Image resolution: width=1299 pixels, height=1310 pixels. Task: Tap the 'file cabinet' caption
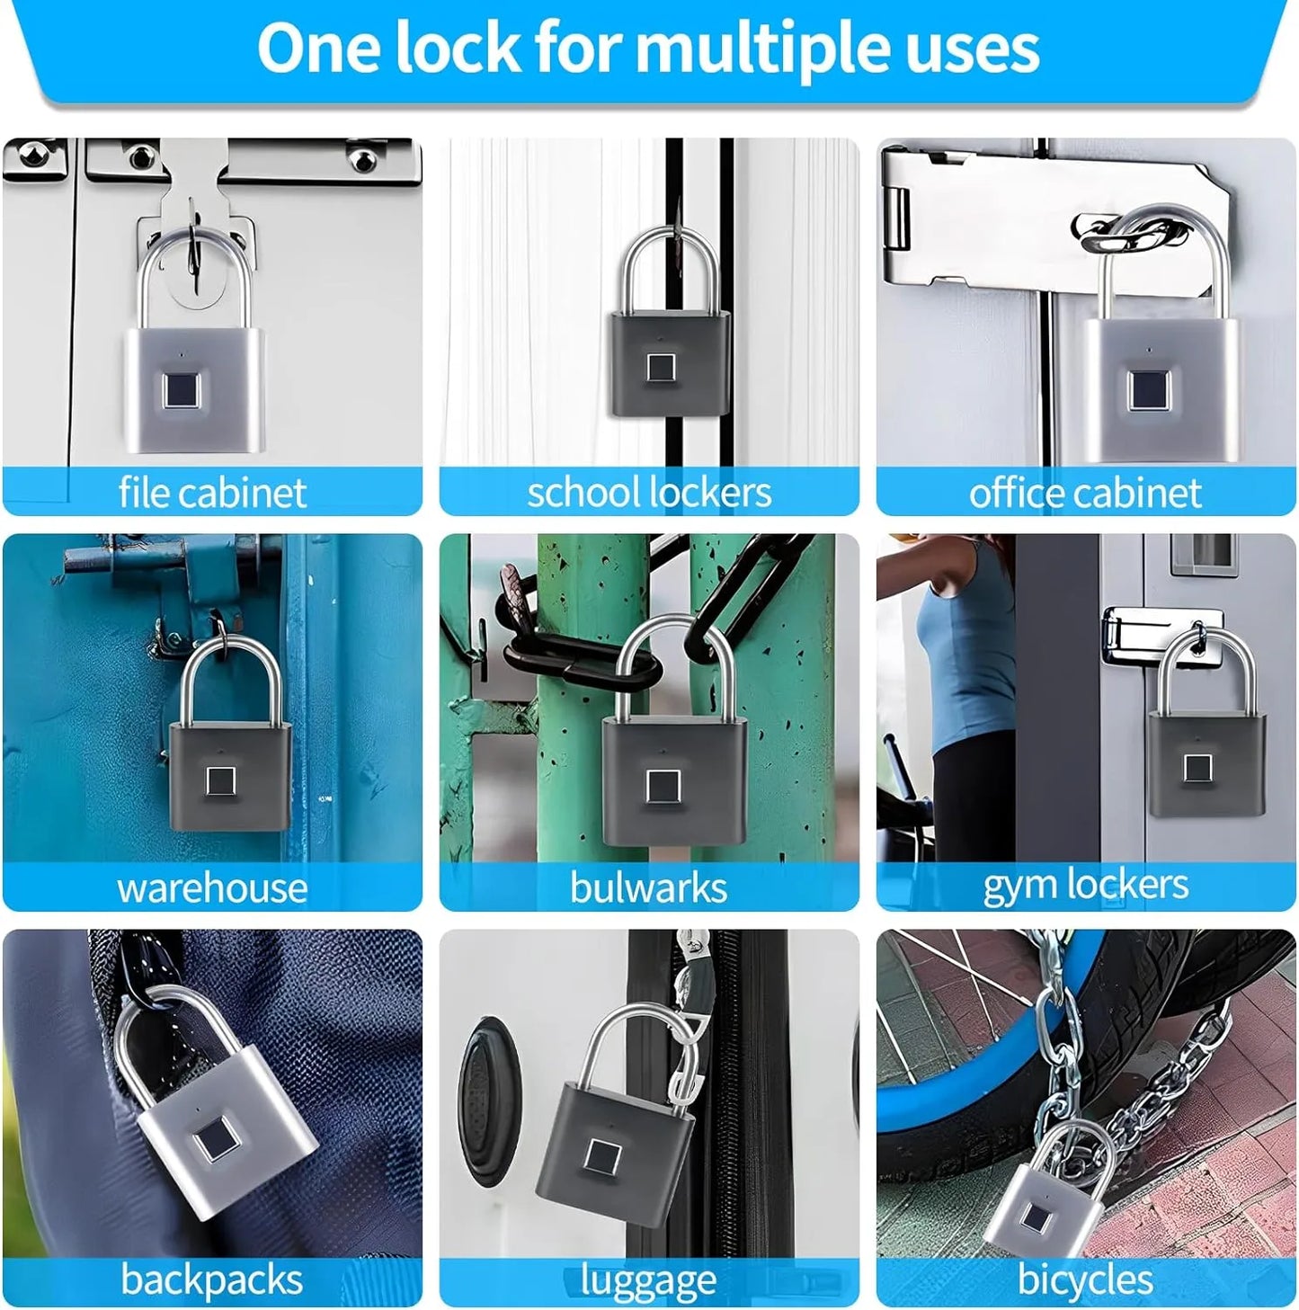pyautogui.click(x=212, y=493)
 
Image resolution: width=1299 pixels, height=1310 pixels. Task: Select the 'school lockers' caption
pyautogui.click(x=649, y=493)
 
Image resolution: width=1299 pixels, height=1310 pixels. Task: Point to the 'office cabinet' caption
pyautogui.click(x=1085, y=493)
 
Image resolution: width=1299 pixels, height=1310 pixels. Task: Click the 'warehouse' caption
pyautogui.click(x=212, y=888)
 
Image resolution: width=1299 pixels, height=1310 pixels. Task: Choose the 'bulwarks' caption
pyautogui.click(x=648, y=888)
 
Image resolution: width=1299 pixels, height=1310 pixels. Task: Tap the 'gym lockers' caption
pyautogui.click(x=1085, y=886)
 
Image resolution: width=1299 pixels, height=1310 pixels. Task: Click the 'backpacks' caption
pyautogui.click(x=212, y=1279)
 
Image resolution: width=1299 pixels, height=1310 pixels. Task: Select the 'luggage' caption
pyautogui.click(x=648, y=1280)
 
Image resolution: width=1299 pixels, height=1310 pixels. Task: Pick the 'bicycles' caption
pyautogui.click(x=1085, y=1279)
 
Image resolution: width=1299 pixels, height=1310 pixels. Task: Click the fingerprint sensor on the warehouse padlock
pyautogui.click(x=221, y=781)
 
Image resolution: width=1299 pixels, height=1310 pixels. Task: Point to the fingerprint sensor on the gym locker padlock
pyautogui.click(x=1197, y=767)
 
